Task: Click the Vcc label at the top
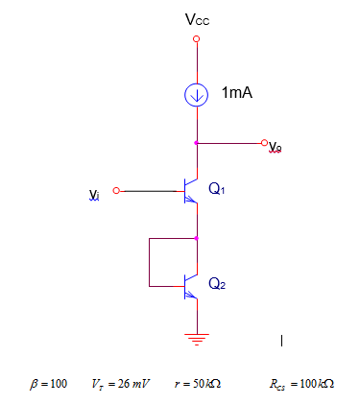(197, 18)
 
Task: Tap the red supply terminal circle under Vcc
(197, 39)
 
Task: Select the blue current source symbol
(197, 94)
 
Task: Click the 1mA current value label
(237, 93)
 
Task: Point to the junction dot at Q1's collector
(197, 143)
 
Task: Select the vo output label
(276, 147)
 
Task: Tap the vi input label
(94, 195)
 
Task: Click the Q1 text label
(217, 189)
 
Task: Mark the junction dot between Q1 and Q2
(197, 237)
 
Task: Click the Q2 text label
(217, 284)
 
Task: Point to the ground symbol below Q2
(197, 338)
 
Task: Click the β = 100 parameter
(49, 384)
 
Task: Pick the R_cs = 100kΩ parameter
(303, 384)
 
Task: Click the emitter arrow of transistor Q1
(194, 203)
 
